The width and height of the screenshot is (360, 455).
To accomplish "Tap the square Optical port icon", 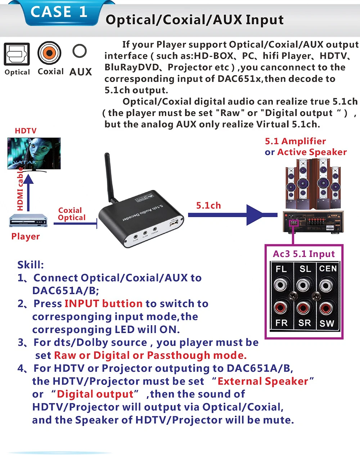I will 17,54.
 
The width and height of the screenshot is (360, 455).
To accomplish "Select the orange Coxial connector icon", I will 49,53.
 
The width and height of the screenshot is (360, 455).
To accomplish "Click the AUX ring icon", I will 79,51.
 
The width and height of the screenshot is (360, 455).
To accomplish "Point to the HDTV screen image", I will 34,153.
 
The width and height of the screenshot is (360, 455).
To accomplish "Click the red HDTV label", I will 26,131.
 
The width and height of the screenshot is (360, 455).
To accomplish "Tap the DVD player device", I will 28,220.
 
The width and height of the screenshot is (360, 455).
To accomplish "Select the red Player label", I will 25,236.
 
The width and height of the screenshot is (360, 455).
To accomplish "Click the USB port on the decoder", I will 174,224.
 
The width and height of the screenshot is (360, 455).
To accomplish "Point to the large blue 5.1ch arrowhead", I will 259,215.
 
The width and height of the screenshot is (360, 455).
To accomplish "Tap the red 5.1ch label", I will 208,205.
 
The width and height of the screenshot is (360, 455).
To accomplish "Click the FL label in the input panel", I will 281,269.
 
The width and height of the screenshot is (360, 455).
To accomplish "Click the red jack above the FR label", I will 280,308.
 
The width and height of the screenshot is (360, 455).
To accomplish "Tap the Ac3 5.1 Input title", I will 303,254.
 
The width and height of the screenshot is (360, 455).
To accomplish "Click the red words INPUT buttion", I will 103,304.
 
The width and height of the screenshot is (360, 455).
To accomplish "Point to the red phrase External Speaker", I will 263,381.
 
